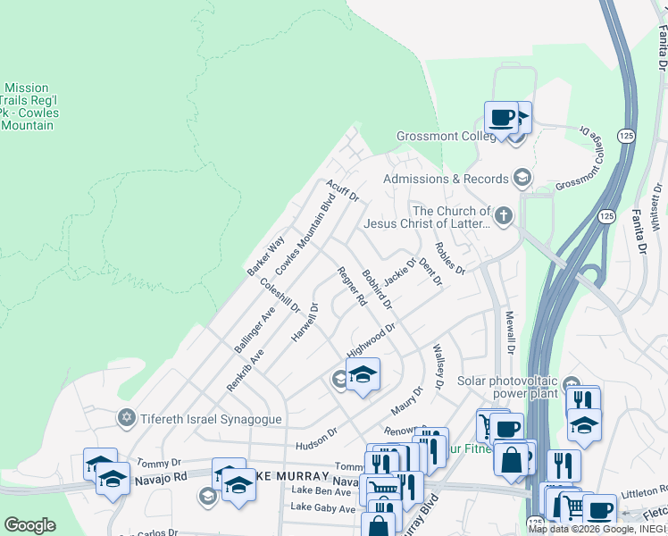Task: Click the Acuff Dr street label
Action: (342, 190)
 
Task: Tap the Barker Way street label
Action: (265, 255)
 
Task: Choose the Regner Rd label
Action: (351, 287)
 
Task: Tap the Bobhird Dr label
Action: (377, 289)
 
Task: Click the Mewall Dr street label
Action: (510, 331)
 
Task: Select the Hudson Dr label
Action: (317, 436)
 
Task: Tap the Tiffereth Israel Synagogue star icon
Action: (127, 418)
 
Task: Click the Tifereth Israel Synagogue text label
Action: (200, 419)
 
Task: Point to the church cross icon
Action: (504, 215)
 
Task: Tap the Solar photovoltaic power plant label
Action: (507, 387)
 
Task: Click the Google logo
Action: (30, 525)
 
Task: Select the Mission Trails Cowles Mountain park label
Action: (27, 107)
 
